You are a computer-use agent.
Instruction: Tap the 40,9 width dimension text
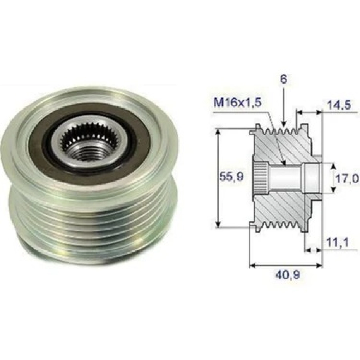pyautogui.click(x=288, y=274)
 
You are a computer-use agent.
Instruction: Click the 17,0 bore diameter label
pyautogui.click(x=347, y=178)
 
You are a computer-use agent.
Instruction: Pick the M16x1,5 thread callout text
pyautogui.click(x=238, y=102)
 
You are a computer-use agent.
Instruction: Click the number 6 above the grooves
pyautogui.click(x=284, y=79)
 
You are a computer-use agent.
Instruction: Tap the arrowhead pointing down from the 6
pyautogui.click(x=284, y=124)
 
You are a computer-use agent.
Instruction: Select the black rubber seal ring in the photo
pyautogui.click(x=90, y=140)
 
